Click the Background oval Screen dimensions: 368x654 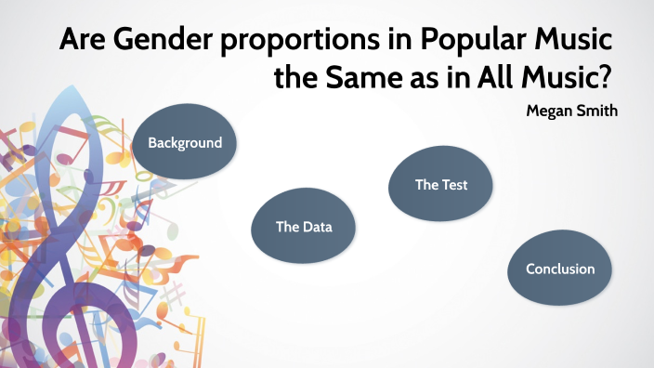point(186,143)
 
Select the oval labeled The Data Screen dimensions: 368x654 point(304,227)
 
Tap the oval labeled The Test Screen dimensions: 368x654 point(440,185)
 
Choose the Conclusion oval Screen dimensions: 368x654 point(560,269)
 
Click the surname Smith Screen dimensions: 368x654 point(598,111)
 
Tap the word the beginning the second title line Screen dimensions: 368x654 point(295,79)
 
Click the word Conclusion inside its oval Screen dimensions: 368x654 point(560,269)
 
